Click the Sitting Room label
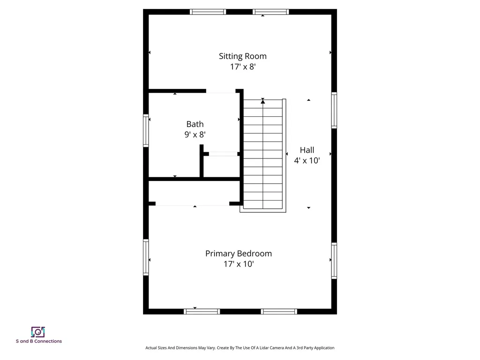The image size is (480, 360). click(x=242, y=56)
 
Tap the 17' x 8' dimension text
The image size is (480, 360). click(x=242, y=67)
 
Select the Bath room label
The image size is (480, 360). click(x=195, y=124)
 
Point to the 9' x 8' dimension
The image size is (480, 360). click(x=195, y=135)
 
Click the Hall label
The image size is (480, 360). click(x=307, y=150)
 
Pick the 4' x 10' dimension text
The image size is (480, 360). click(x=307, y=161)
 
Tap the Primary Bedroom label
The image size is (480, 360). click(x=238, y=254)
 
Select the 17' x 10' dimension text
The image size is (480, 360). click(x=238, y=264)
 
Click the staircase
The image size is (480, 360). click(x=263, y=155)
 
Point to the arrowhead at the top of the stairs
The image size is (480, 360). click(x=263, y=101)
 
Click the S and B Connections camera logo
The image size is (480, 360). click(x=38, y=332)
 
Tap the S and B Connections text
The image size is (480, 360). click(x=38, y=341)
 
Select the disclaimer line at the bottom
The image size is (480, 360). click(x=240, y=348)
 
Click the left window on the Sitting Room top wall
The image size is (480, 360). click(x=208, y=12)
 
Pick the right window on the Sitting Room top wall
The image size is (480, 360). click(x=270, y=12)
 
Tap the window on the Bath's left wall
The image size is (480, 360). click(x=146, y=131)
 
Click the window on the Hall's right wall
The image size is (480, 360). click(x=334, y=110)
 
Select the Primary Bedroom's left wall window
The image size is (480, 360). click(x=146, y=257)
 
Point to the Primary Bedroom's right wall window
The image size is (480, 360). click(x=334, y=261)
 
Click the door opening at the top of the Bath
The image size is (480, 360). click(x=220, y=90)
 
